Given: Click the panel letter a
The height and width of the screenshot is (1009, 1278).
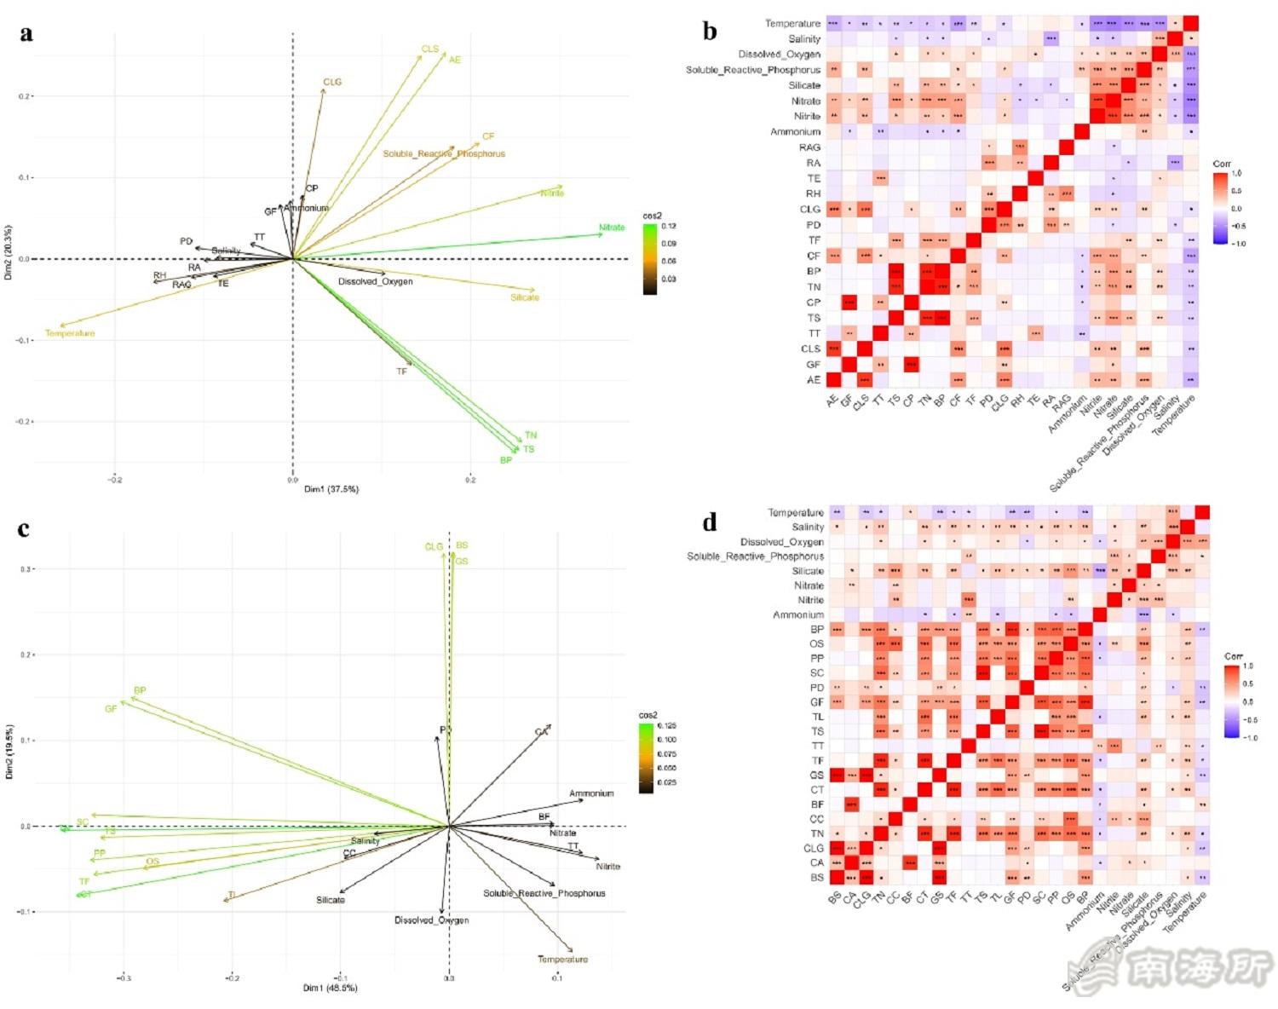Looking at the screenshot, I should pos(26,33).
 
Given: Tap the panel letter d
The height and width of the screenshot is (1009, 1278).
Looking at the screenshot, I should pos(710,522).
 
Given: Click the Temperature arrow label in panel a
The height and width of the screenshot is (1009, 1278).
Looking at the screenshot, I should pos(70,333).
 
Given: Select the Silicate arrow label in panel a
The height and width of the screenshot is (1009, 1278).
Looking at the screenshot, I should pos(525,297).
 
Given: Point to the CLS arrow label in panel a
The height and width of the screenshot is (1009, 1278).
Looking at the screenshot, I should pos(430,49).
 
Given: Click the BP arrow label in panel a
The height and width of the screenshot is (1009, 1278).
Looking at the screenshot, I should pos(506,460).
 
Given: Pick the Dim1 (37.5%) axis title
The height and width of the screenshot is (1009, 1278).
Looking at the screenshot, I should pos(331,489).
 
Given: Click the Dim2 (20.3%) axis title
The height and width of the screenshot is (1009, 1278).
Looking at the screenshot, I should pos(9,253).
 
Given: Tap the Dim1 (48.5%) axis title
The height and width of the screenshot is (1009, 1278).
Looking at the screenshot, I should pos(331,988).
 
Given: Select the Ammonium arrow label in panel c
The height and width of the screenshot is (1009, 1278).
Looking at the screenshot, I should pos(591,793).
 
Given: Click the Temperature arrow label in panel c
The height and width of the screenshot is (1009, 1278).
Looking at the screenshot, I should pos(562,960).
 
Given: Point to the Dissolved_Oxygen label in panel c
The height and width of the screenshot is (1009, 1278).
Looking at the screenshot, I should pos(431,920).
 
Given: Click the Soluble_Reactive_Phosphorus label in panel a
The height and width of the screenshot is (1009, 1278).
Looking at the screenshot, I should pos(444,154).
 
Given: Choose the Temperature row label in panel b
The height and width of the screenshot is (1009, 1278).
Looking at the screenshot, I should pos(792,24).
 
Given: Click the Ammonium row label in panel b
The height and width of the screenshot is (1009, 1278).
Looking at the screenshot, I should pos(796,132).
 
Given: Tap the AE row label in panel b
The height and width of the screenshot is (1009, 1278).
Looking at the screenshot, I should pos(814,380).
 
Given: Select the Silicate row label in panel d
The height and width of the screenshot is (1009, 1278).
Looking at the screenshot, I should pos(808,571).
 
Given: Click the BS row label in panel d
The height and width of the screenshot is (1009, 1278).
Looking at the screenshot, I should pos(817,878).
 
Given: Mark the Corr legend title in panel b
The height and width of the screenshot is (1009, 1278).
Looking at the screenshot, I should pos(1223,164).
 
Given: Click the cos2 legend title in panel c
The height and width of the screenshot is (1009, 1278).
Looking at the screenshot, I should pos(648,716).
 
